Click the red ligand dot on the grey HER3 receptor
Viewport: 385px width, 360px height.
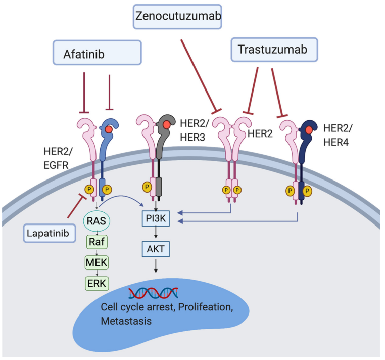(166, 124)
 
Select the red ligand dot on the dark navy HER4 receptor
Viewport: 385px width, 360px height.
(308, 130)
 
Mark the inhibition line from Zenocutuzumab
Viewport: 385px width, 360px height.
(198, 75)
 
